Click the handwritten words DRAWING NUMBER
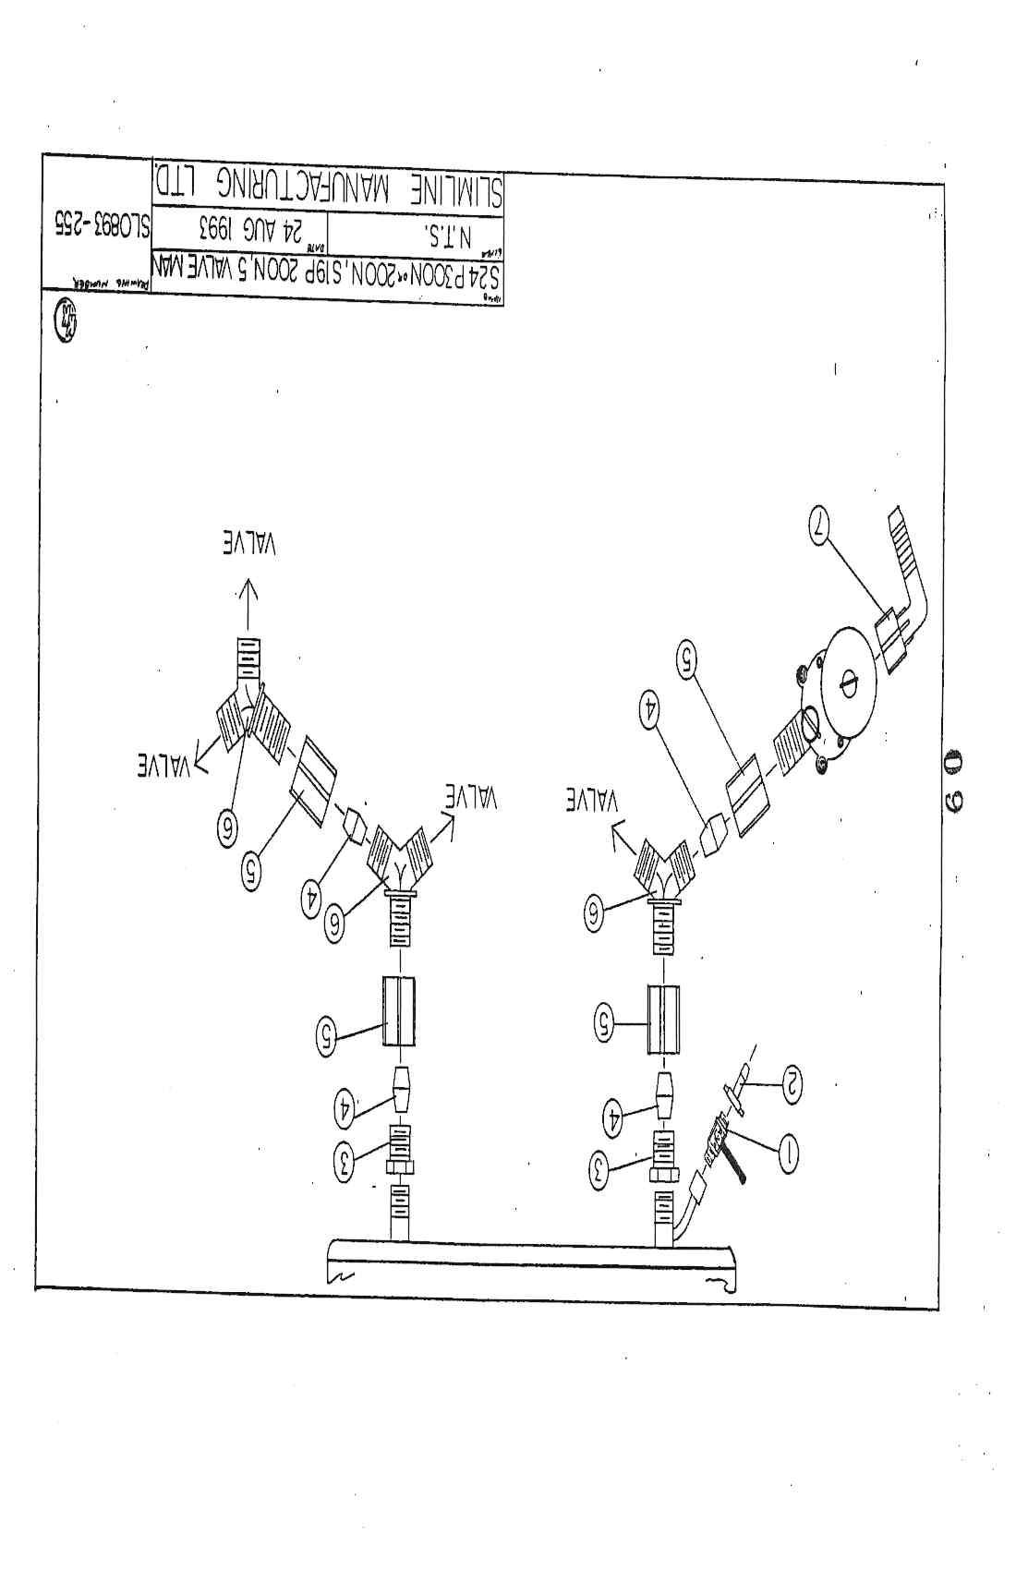98,283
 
